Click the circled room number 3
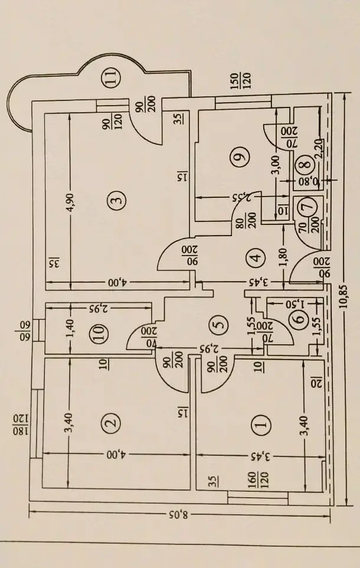117,201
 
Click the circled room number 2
110,423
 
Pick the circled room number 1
260,423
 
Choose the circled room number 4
255,258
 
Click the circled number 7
307,207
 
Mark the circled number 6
299,319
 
